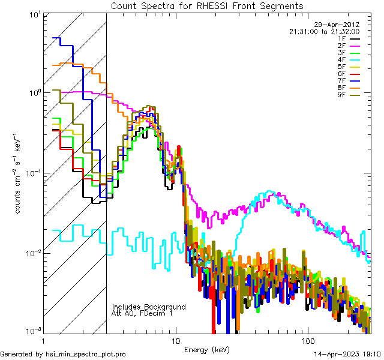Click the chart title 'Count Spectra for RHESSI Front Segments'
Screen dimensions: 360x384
tap(207, 5)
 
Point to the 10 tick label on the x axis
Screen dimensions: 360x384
tap(175, 340)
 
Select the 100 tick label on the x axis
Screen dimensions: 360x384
tap(307, 340)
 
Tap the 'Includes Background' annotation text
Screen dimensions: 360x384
tap(149, 307)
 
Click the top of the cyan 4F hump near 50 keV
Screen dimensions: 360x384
tap(272, 192)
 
